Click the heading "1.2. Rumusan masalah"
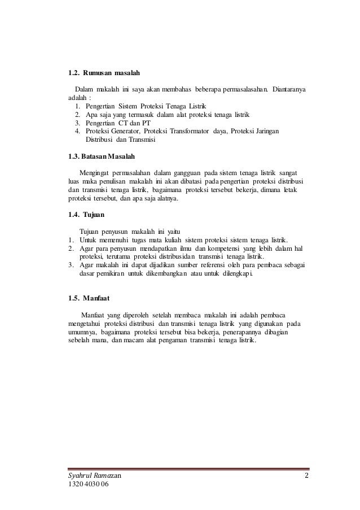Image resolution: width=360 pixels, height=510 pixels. [103, 73]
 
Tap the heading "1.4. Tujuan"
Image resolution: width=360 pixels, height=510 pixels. [86, 215]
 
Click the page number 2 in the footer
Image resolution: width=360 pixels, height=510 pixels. [307, 474]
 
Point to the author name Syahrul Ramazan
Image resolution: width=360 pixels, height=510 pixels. [94, 474]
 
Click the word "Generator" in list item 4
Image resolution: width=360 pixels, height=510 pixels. [122, 130]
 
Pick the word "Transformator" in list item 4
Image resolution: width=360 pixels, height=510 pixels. [194, 130]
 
